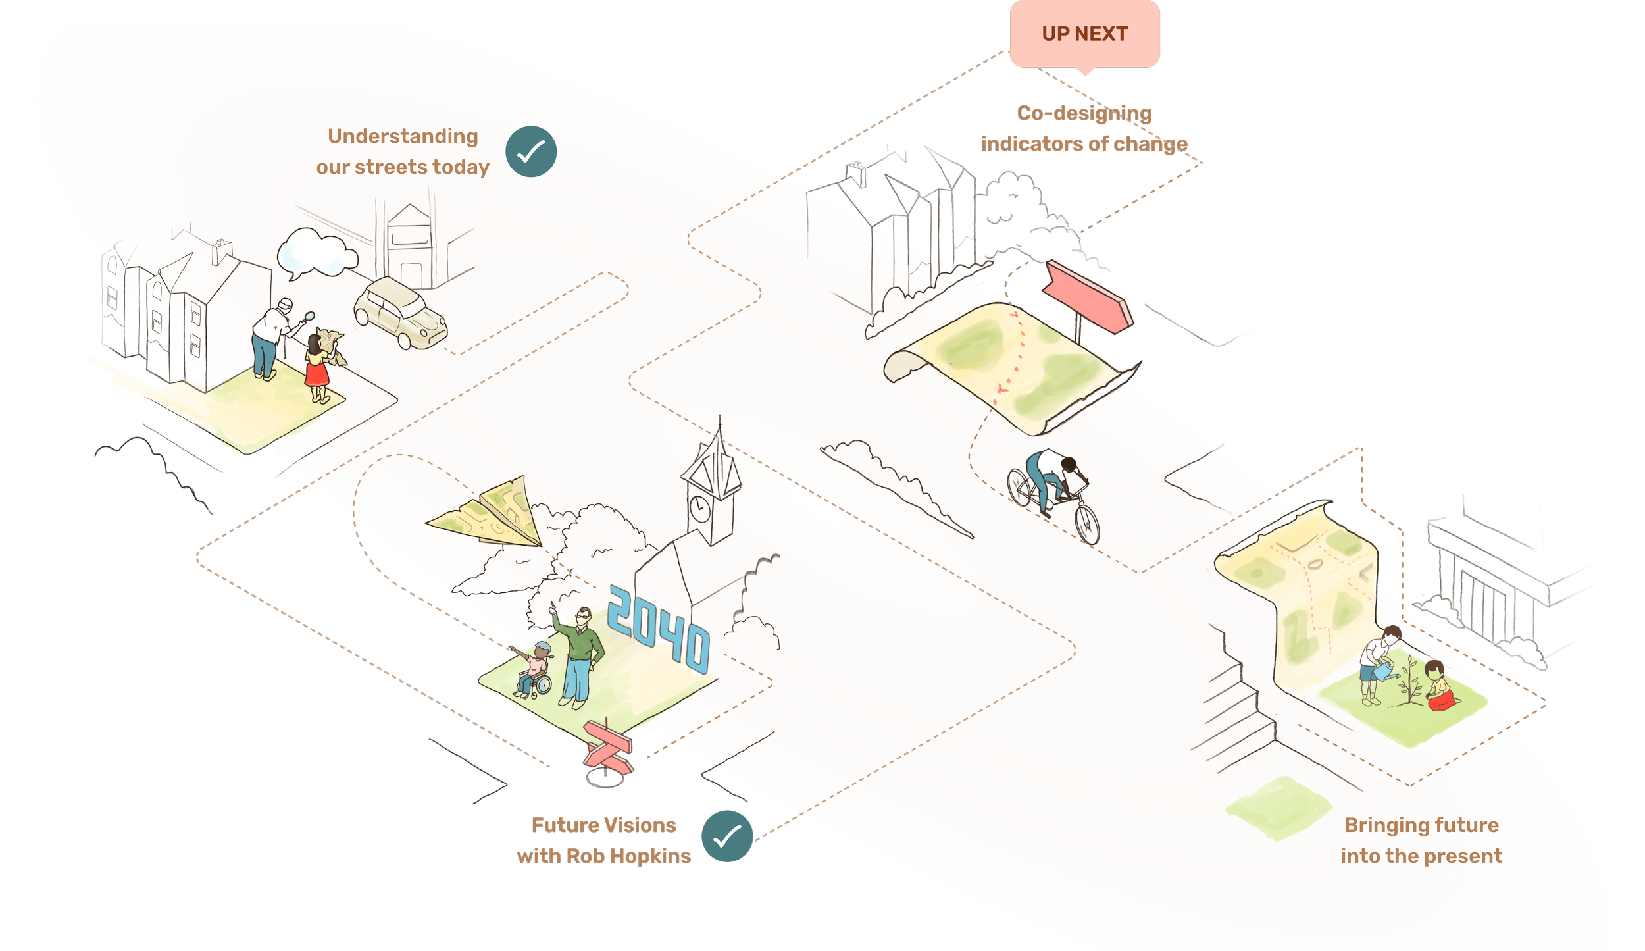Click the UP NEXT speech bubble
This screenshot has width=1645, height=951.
[x=1084, y=34]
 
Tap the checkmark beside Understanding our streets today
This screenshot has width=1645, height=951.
[x=531, y=151]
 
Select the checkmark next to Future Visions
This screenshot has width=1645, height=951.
[x=727, y=836]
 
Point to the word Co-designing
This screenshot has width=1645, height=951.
[x=1084, y=113]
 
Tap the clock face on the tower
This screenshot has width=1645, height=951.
[x=699, y=509]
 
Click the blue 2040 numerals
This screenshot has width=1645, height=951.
[x=658, y=629]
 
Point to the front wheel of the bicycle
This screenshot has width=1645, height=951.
[x=1086, y=525]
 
